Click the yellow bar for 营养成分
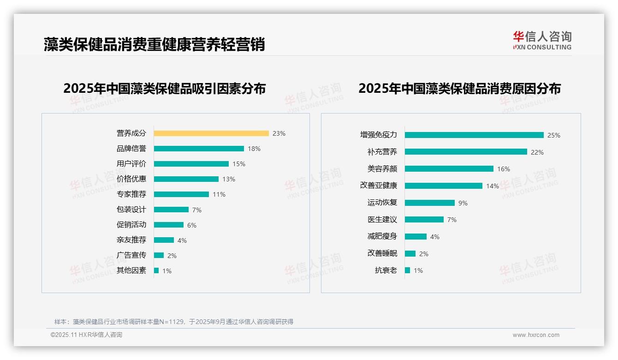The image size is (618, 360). (x=211, y=133)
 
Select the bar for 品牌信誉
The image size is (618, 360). (x=199, y=149)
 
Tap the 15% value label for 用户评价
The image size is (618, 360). (x=239, y=164)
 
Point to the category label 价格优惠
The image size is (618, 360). (x=131, y=179)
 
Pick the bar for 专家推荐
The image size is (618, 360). (x=181, y=194)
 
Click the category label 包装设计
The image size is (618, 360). (x=131, y=210)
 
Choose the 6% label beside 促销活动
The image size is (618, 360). (x=192, y=225)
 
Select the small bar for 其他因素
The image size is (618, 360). (x=156, y=270)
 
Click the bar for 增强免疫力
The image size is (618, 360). (x=474, y=135)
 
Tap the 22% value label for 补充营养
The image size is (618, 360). (x=537, y=152)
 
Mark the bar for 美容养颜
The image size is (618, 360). (x=449, y=169)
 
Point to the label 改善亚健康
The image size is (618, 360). (x=379, y=186)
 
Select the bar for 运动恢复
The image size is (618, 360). (x=430, y=203)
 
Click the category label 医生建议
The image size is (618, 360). (x=382, y=220)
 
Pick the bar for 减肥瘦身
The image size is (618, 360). (x=416, y=236)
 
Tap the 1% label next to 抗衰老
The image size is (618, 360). (x=418, y=270)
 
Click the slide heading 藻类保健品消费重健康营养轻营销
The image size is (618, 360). (x=154, y=44)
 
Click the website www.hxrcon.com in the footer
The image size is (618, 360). (x=536, y=335)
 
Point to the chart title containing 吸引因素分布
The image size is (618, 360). (x=165, y=89)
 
